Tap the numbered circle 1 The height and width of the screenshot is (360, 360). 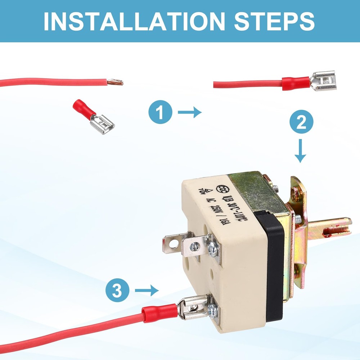tap(161, 112)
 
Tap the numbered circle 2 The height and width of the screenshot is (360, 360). tap(301, 123)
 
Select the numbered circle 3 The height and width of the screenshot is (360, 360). tap(117, 291)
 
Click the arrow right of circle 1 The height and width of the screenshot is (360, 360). tap(189, 112)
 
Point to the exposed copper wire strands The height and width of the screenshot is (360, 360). tap(117, 82)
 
